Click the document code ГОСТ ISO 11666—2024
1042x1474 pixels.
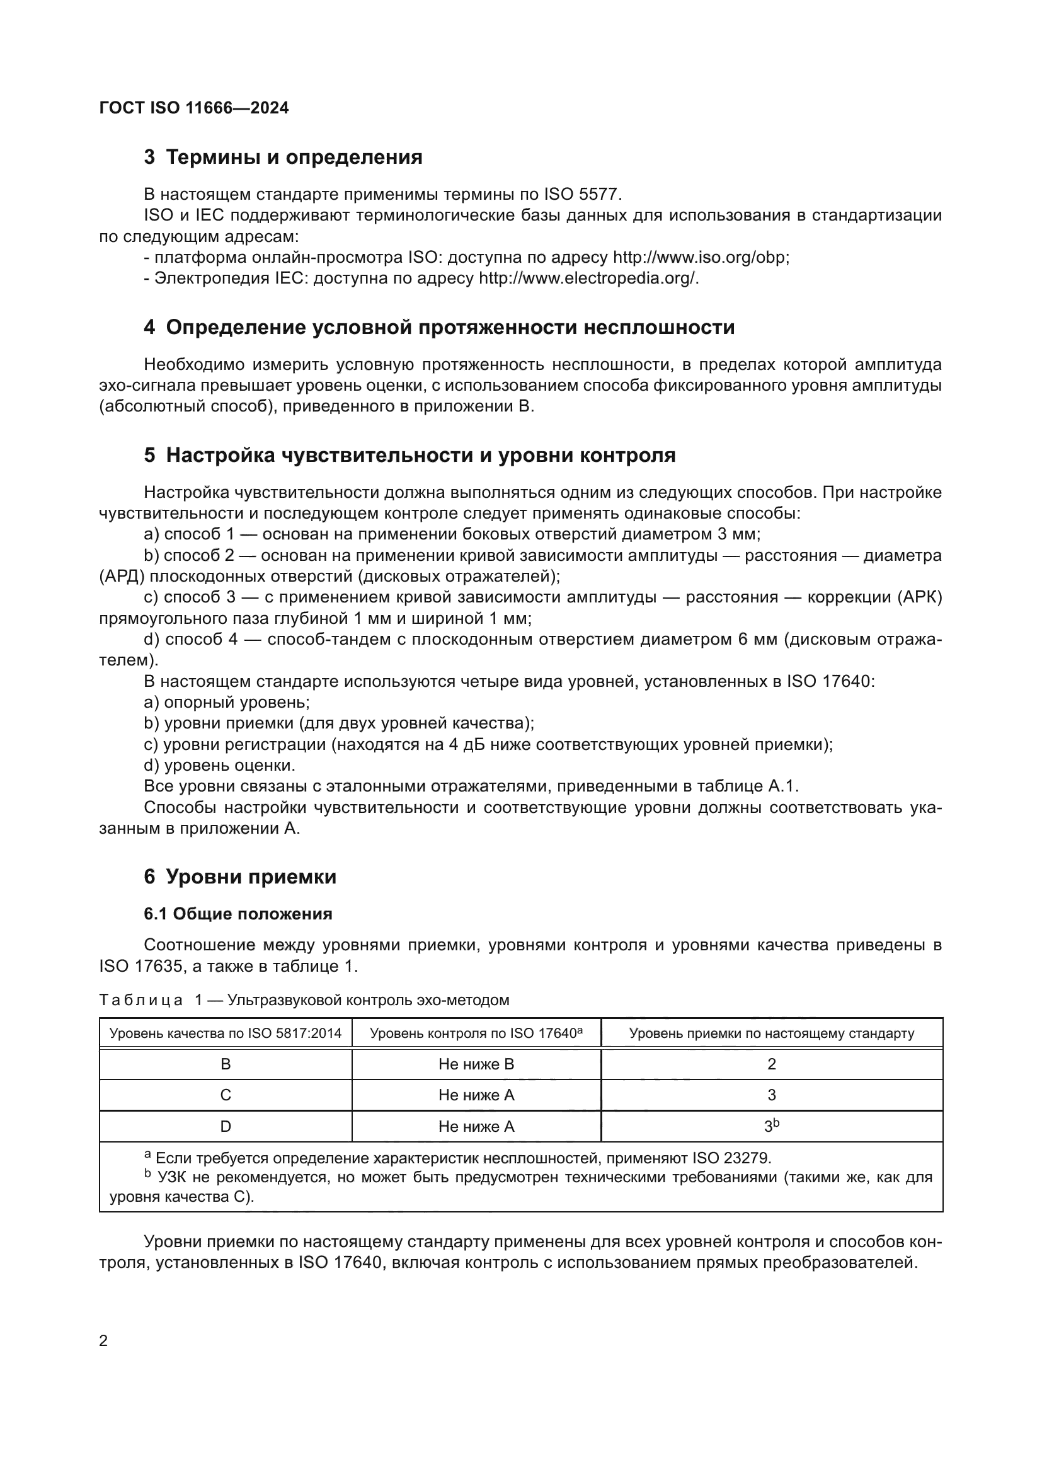tap(194, 108)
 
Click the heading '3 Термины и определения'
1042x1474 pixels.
tap(283, 158)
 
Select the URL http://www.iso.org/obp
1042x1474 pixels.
tap(700, 258)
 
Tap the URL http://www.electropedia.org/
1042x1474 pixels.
tap(588, 279)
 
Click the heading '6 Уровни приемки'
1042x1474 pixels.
tap(240, 877)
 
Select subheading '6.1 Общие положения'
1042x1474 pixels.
tap(238, 914)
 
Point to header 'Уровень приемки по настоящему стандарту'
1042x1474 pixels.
tap(771, 1034)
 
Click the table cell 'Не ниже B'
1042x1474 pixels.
tap(476, 1064)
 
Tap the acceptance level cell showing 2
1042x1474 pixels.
tap(771, 1064)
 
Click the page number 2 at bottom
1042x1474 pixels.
tap(104, 1341)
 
